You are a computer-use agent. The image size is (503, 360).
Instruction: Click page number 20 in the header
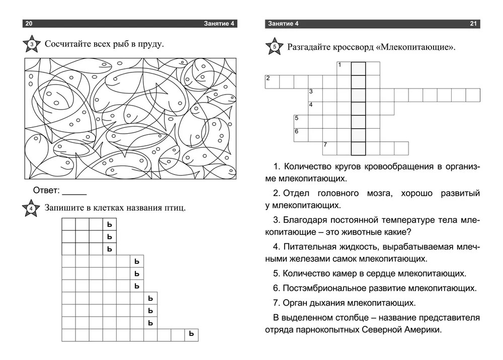pyautogui.click(x=29, y=24)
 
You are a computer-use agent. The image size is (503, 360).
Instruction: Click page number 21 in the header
pyautogui.click(x=473, y=24)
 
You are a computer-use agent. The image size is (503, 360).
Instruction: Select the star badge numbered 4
pyautogui.click(x=31, y=209)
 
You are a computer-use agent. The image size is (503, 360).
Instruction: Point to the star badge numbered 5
pyautogui.click(x=274, y=48)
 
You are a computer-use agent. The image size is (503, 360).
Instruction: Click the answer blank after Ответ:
pyautogui.click(x=74, y=191)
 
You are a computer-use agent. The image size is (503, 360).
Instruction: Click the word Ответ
pyautogui.click(x=46, y=191)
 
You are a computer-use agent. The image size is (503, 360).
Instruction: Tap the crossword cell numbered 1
pyautogui.click(x=344, y=68)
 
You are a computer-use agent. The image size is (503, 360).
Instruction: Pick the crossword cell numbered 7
pyautogui.click(x=329, y=148)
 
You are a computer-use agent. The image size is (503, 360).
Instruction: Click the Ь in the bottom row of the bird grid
pyautogui.click(x=191, y=334)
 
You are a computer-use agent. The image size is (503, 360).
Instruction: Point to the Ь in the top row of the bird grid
pyautogui.click(x=109, y=224)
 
